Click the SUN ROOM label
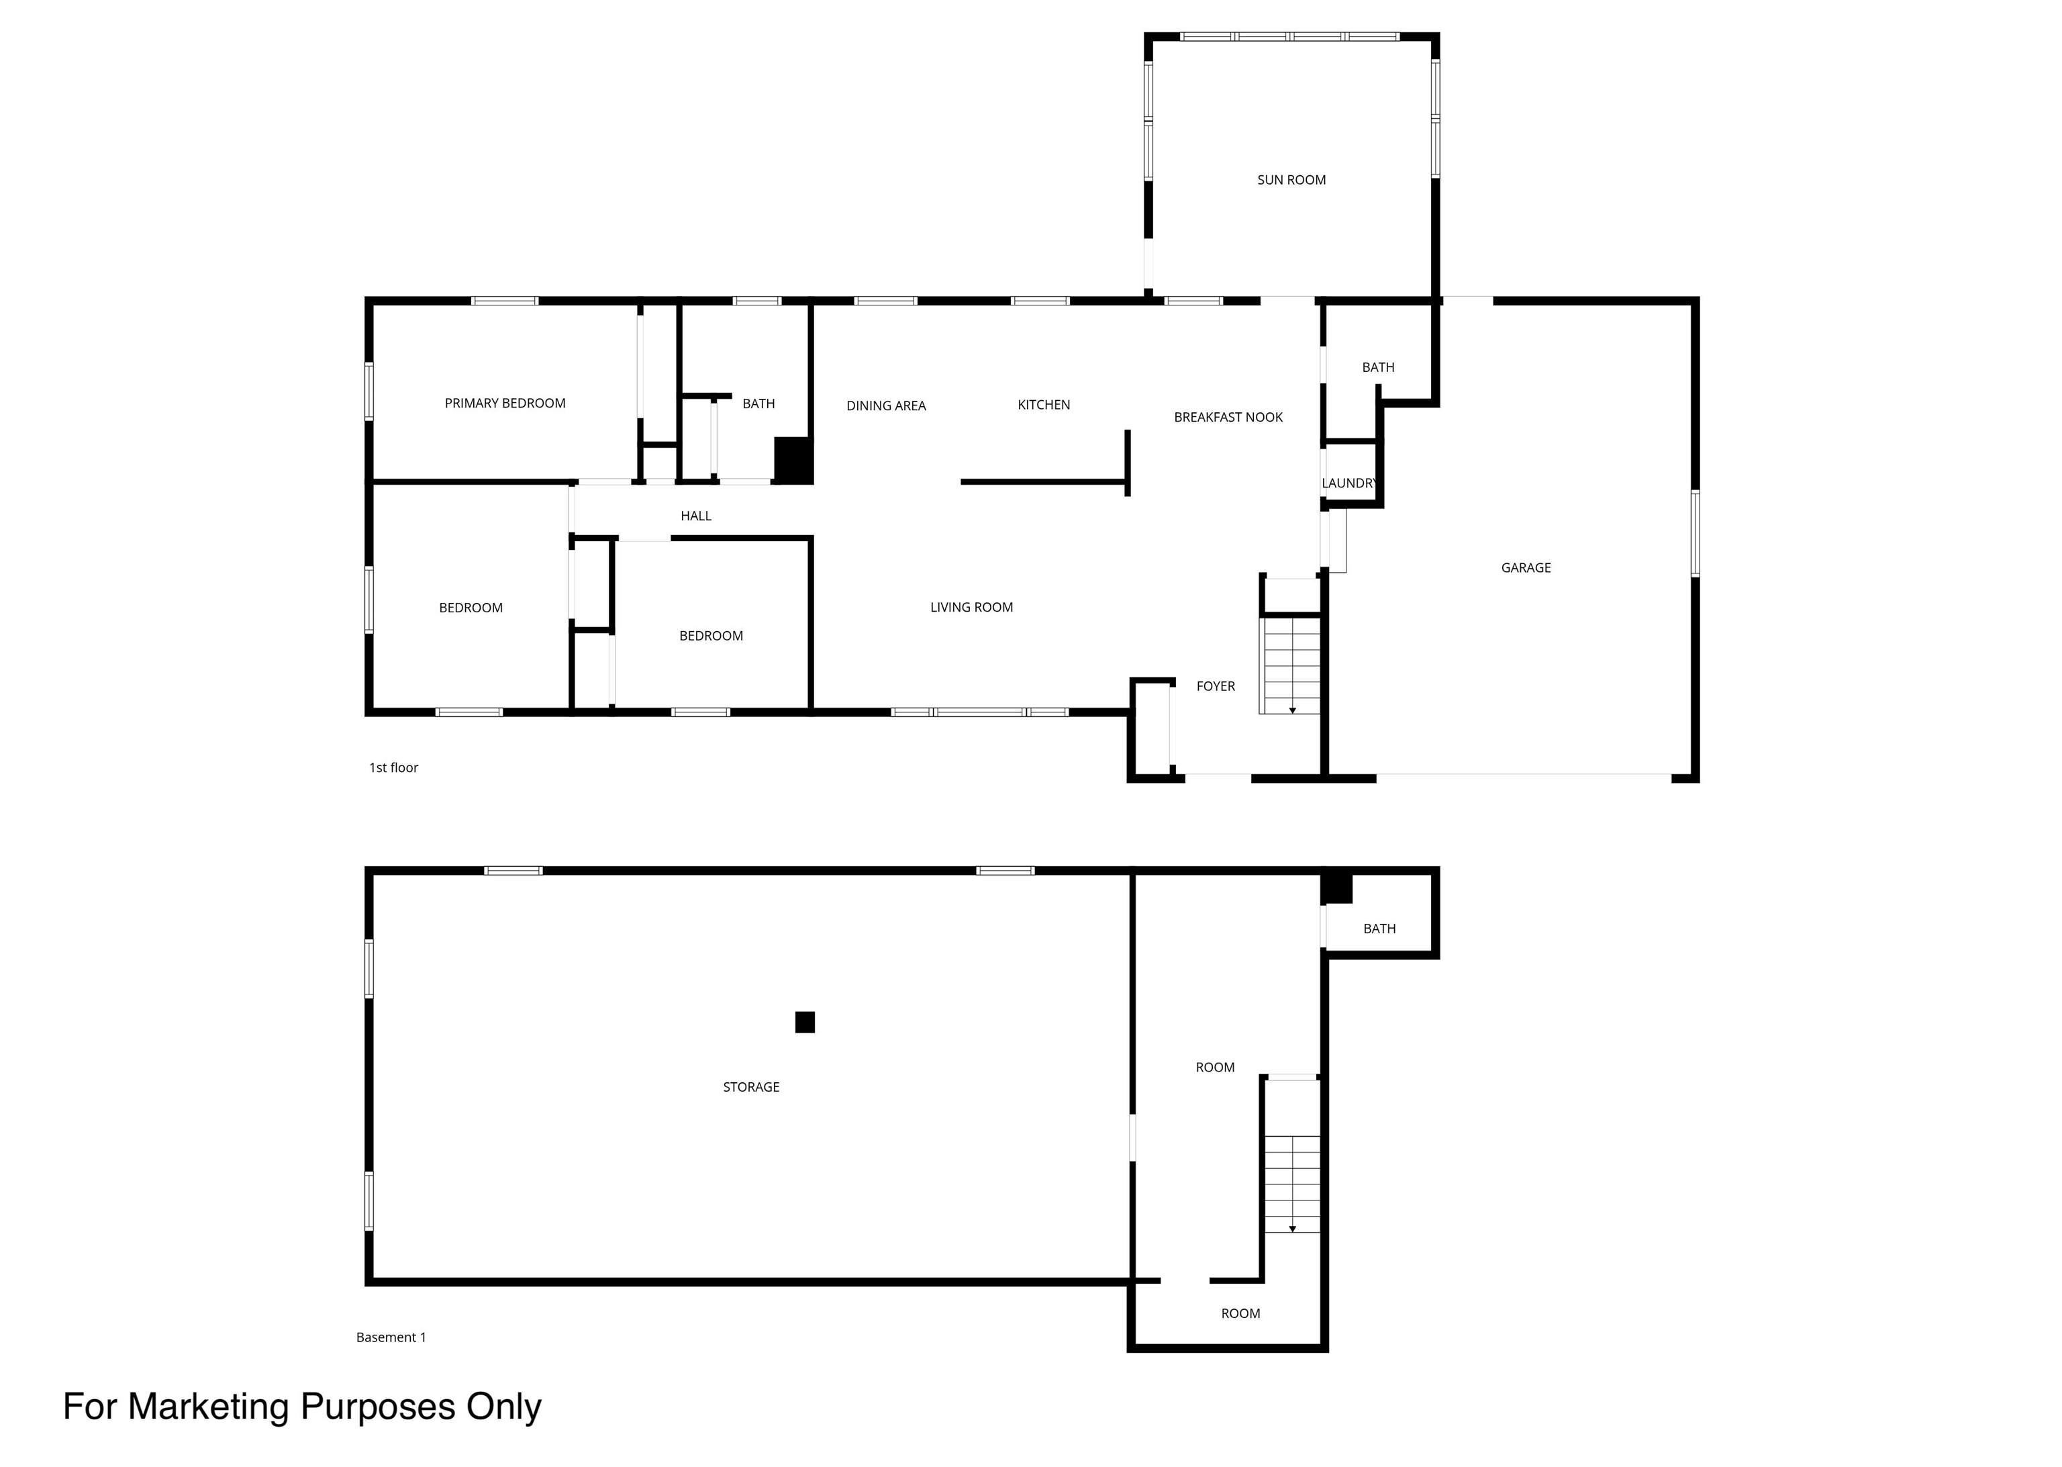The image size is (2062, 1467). click(x=1291, y=180)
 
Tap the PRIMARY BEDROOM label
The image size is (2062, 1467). click(x=505, y=403)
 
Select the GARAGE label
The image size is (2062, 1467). click(x=1526, y=567)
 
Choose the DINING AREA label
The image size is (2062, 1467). click(x=886, y=406)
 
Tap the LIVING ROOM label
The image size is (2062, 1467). click(x=971, y=607)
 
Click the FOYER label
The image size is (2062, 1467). click(x=1215, y=685)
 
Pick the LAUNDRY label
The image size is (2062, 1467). click(x=1349, y=483)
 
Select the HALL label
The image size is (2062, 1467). click(x=695, y=516)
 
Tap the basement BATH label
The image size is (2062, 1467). click(x=1379, y=929)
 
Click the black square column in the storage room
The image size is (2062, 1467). click(x=805, y=1022)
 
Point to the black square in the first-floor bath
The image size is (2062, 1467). click(x=793, y=460)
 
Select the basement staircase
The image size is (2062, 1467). click(x=1291, y=1184)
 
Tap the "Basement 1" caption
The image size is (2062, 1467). click(x=391, y=1337)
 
